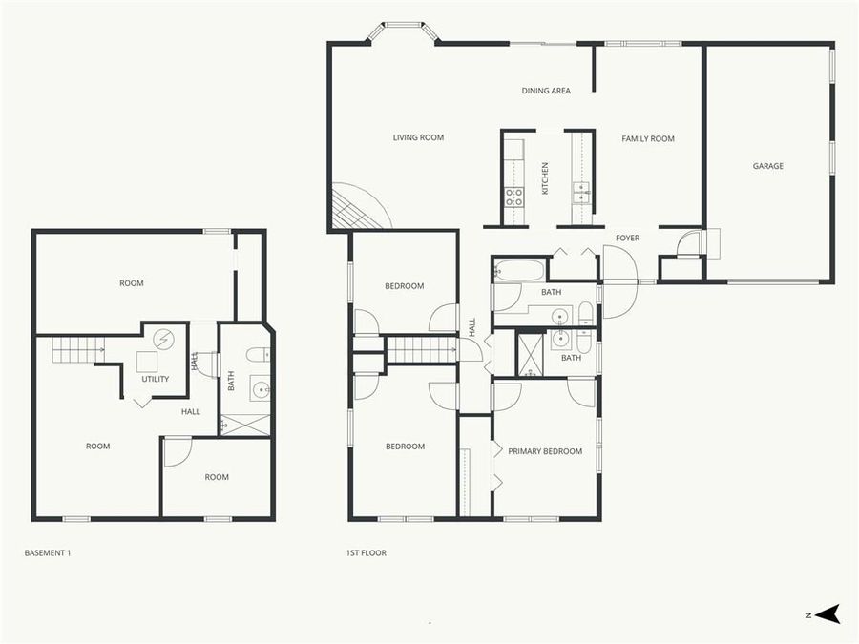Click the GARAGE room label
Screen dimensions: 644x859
point(767,166)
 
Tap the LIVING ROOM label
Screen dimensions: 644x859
point(418,138)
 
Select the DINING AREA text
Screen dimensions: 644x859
point(546,92)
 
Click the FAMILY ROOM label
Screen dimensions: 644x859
point(648,139)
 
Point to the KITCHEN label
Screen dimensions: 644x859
point(546,178)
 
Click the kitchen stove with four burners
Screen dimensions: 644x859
point(513,197)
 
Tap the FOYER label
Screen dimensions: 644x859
point(627,239)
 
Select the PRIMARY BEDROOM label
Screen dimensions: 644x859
point(545,452)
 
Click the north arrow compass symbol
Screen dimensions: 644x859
point(828,614)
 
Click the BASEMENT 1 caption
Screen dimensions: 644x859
point(48,553)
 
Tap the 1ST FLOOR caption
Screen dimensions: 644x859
point(366,553)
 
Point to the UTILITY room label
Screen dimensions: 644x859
point(156,380)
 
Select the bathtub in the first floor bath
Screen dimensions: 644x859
point(518,270)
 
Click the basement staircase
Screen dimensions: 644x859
point(76,350)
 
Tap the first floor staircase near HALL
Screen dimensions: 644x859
point(421,348)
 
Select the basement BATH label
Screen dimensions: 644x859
point(231,383)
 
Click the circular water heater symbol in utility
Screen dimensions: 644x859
point(163,338)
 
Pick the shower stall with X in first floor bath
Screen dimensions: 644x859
point(530,353)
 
